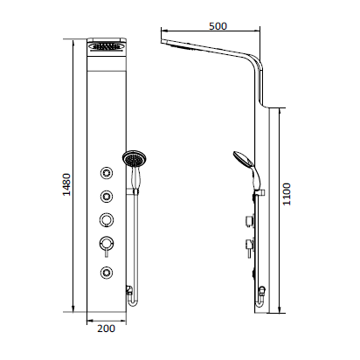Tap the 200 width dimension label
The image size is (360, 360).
tap(106, 329)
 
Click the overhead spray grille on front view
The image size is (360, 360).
tap(107, 52)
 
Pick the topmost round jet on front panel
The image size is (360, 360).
tap(107, 171)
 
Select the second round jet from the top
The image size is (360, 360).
tap(107, 195)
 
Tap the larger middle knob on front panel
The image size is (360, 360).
tap(107, 218)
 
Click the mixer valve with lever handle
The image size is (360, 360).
tap(107, 244)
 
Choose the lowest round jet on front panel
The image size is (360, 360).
tap(107, 271)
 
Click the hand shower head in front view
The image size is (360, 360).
tap(134, 160)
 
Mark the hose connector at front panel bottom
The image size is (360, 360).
tap(128, 289)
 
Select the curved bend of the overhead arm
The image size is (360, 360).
tap(254, 63)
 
